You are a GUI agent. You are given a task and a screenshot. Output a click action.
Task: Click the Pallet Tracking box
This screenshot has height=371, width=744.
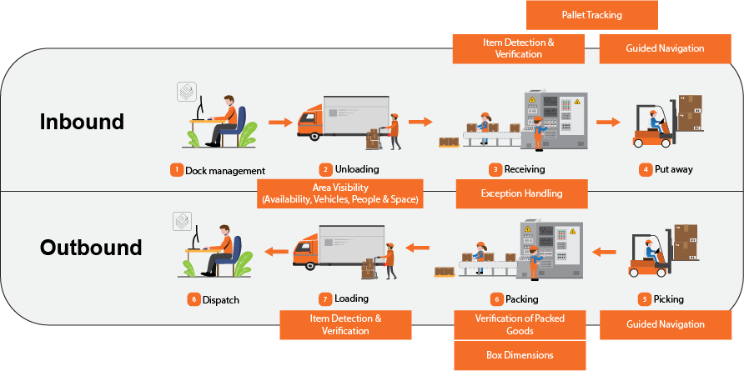591,15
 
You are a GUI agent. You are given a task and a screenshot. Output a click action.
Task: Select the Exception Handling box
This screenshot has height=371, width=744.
521,193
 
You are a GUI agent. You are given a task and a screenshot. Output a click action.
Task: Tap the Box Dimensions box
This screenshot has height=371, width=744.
520,355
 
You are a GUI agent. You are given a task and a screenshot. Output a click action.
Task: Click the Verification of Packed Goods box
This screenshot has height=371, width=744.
520,324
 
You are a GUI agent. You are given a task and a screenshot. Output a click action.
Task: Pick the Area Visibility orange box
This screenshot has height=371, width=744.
340,193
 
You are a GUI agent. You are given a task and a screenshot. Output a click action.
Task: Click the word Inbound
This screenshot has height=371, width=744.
82,122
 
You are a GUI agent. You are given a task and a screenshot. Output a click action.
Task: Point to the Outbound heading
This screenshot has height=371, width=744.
91,248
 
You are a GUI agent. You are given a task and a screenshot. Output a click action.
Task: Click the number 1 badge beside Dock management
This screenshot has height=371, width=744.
176,170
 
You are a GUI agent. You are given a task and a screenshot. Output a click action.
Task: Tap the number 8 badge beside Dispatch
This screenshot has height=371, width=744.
193,298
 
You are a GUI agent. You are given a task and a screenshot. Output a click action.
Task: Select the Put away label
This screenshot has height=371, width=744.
673,169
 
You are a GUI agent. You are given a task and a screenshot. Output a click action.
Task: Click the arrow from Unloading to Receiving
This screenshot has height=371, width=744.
420,122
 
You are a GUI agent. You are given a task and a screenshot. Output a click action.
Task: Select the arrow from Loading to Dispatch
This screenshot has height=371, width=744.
275,249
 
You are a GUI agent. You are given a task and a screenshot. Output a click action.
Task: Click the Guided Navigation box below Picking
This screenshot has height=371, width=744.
665,324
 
